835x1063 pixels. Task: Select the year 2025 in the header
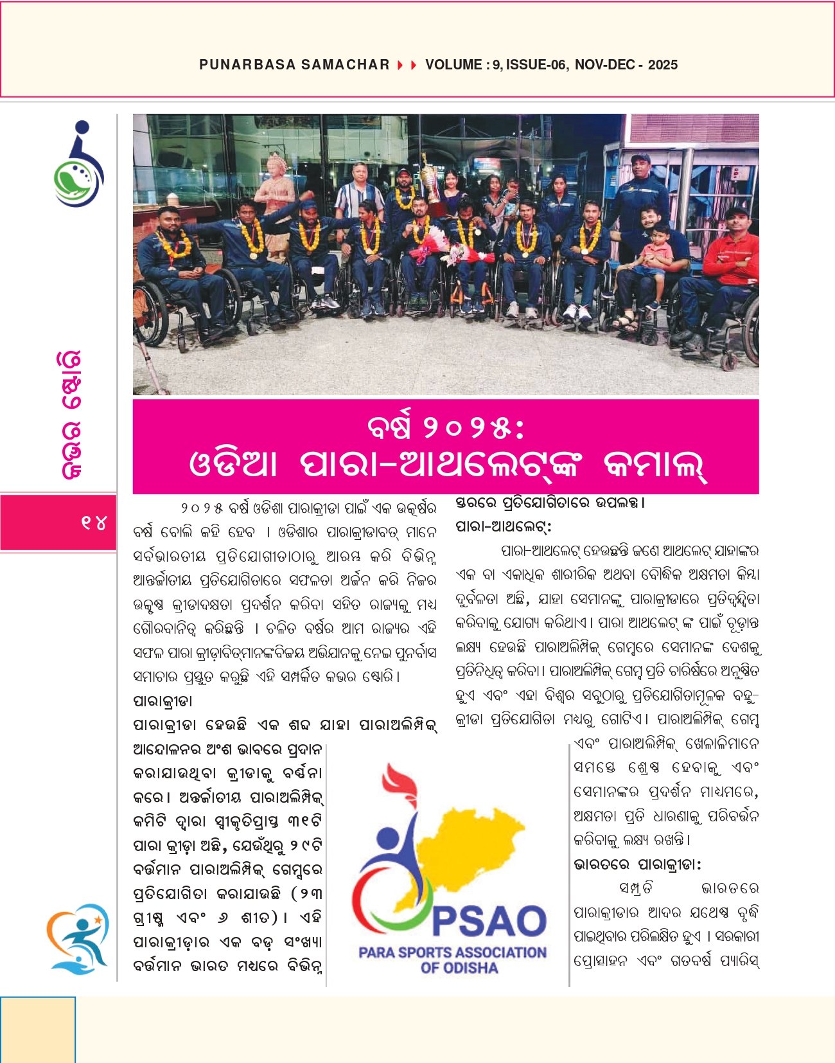[x=663, y=65]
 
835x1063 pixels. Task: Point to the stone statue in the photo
[x=278, y=193]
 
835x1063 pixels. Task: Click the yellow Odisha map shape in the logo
[x=475, y=848]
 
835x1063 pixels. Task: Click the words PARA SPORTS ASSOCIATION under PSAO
[x=452, y=952]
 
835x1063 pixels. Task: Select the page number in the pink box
[x=93, y=523]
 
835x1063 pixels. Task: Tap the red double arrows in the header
[x=407, y=65]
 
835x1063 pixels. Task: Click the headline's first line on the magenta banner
[x=446, y=428]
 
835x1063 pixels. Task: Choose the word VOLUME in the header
[x=453, y=65]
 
